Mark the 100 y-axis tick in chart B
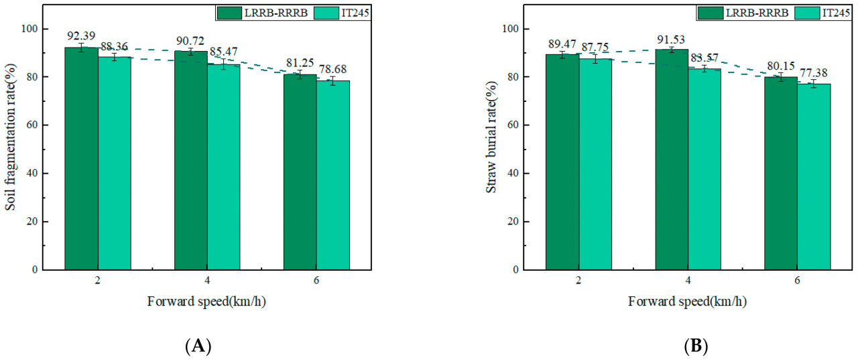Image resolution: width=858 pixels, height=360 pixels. coord(513,29)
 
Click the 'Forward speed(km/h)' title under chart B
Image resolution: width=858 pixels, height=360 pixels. coord(688,302)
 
